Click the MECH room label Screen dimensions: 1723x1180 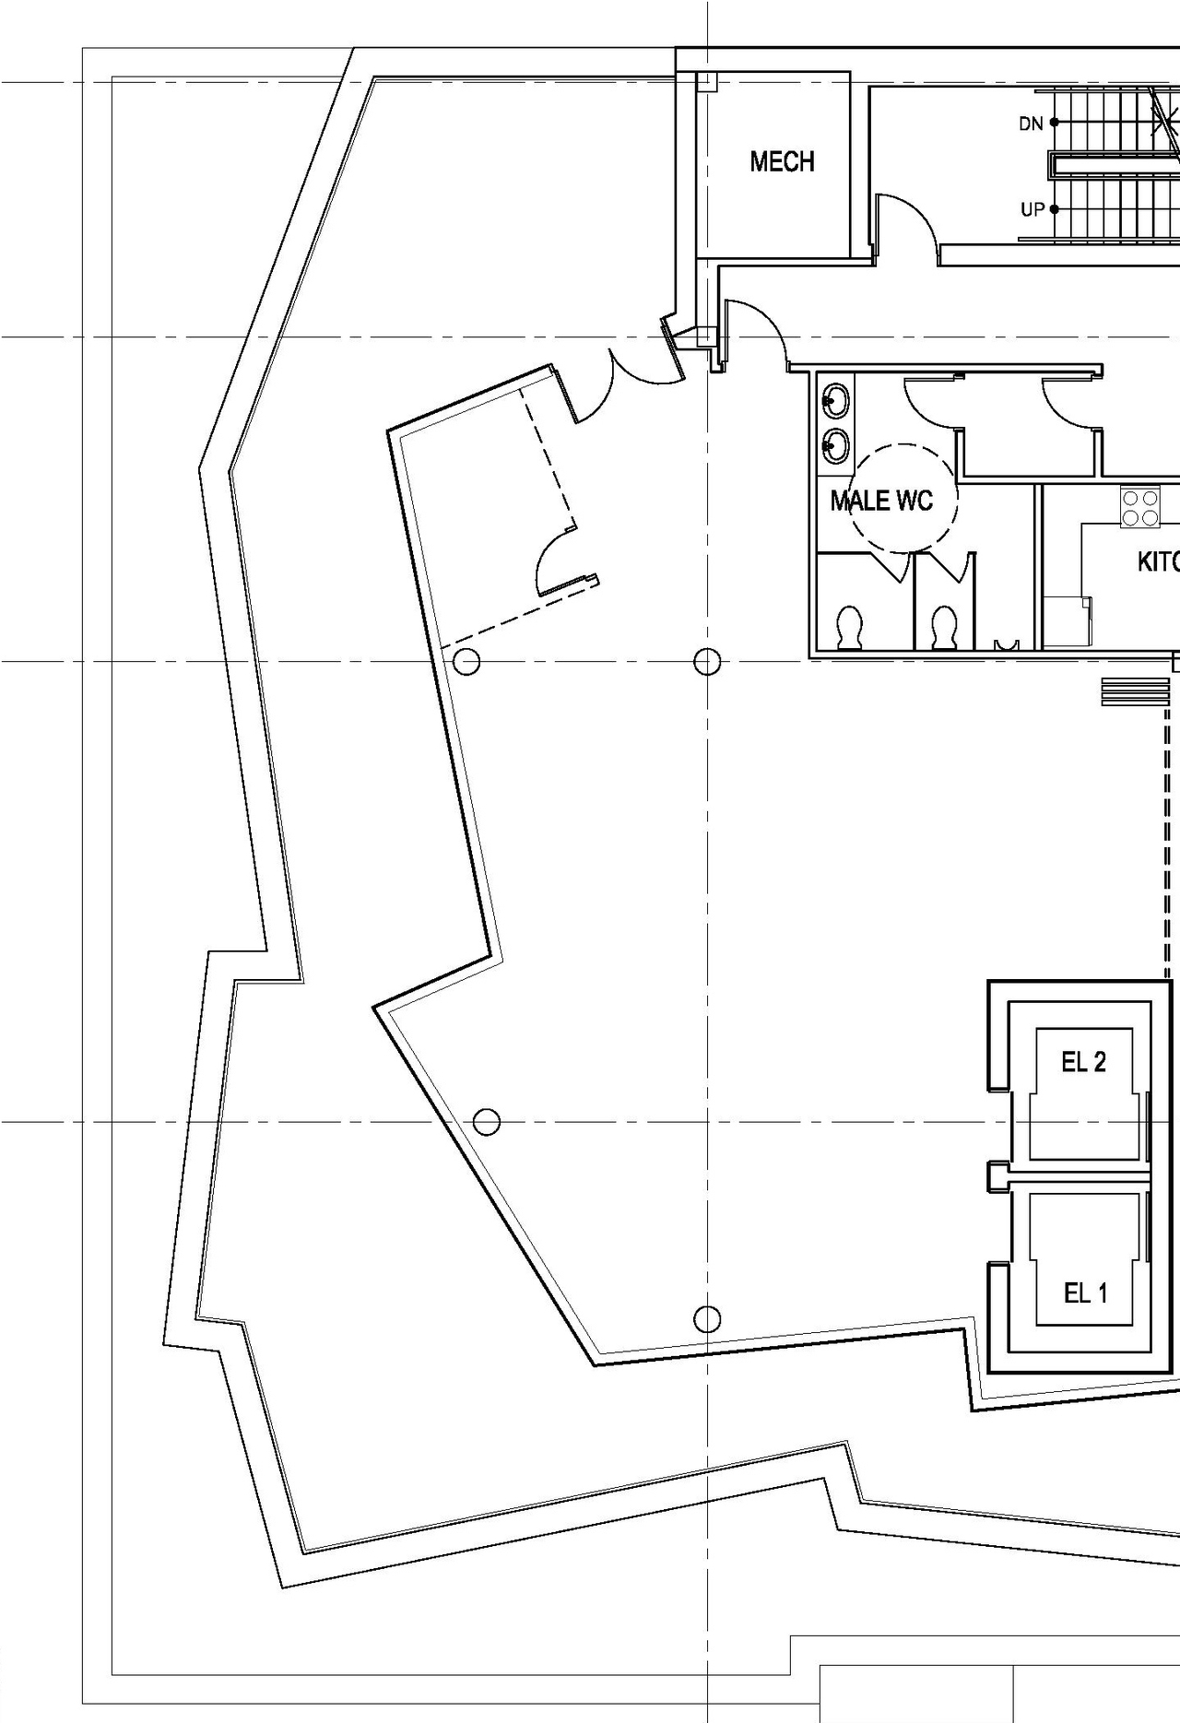coord(782,162)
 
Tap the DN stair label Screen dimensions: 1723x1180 coord(1031,124)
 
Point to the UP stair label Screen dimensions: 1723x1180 coord(1032,210)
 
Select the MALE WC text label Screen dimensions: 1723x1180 coord(881,502)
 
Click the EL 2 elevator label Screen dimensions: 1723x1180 coord(1083,1062)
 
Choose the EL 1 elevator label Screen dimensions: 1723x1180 coord(1085,1293)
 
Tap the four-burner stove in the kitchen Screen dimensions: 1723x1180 coord(1140,508)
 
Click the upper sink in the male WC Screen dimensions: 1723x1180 coord(835,400)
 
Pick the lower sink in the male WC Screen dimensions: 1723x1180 coord(835,447)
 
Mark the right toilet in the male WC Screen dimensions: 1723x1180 coord(944,629)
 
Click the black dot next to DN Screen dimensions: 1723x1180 coord(1054,122)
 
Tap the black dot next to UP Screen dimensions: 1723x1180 coord(1054,209)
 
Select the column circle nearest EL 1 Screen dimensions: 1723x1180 coord(707,1319)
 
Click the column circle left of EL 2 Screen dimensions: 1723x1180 coord(487,1122)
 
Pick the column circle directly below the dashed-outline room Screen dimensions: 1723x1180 coord(466,661)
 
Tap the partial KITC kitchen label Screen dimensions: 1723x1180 coord(1158,561)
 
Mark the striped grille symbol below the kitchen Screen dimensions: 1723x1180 coord(1136,691)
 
